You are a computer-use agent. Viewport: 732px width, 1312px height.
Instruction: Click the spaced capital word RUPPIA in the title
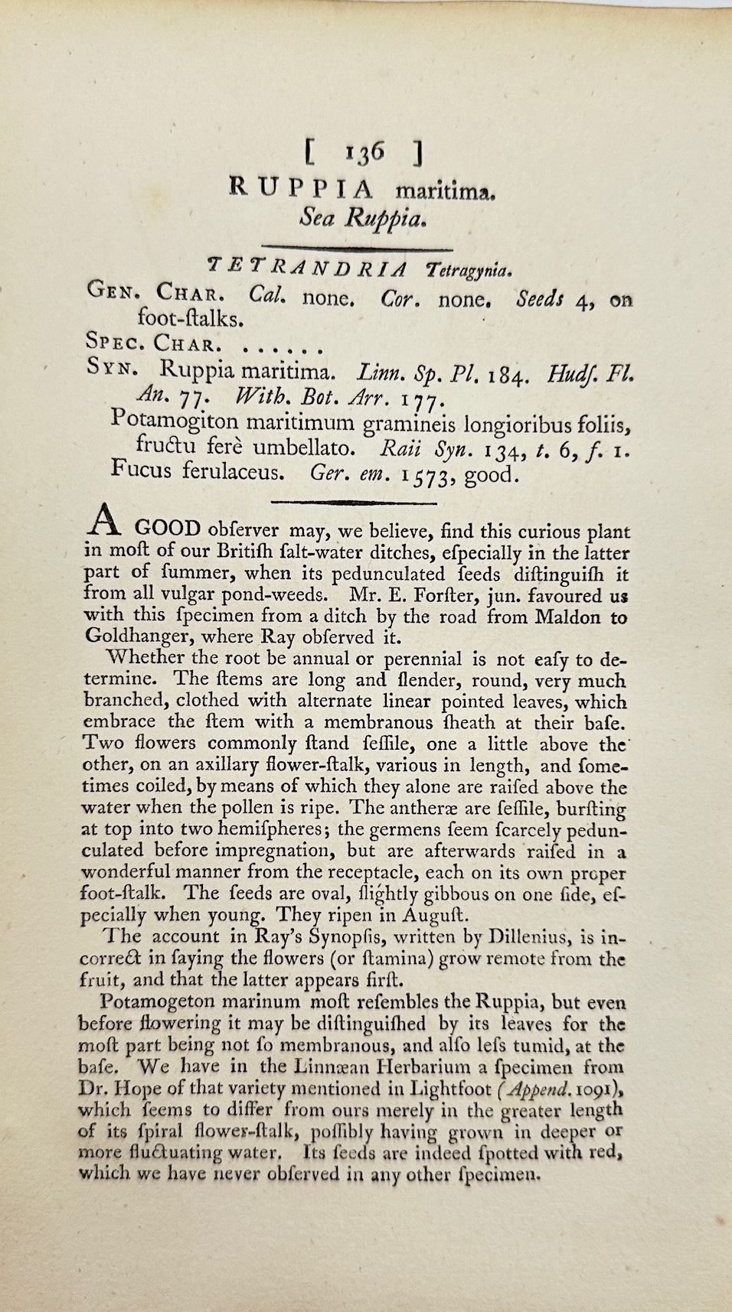coord(305,188)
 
